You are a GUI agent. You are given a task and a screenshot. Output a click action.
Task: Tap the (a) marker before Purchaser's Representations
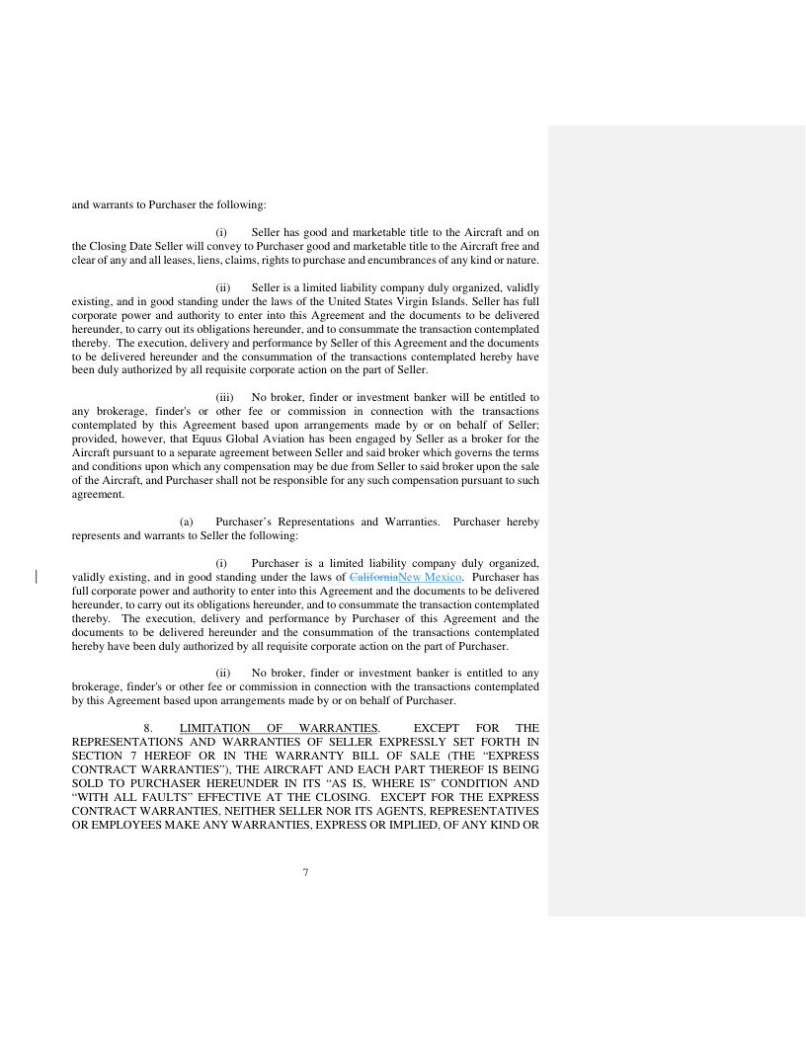tap(185, 521)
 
